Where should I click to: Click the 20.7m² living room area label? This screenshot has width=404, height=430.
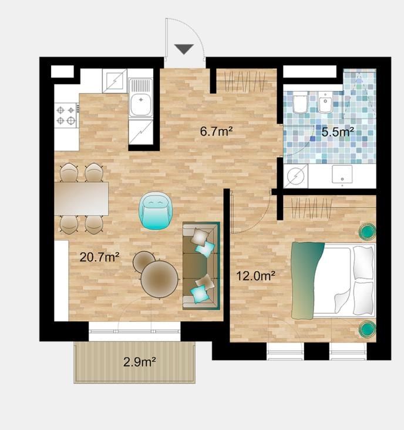[99, 257]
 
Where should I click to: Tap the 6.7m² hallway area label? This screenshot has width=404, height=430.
[216, 132]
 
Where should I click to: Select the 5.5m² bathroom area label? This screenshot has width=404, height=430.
[338, 132]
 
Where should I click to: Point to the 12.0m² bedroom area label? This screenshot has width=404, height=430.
[255, 276]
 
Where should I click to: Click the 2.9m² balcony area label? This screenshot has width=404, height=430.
[140, 362]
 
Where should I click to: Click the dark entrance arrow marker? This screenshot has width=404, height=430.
[184, 49]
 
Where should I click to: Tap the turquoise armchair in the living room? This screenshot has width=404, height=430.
[156, 211]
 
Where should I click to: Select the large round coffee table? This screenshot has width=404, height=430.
[160, 279]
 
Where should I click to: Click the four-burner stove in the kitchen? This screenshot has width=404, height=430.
[66, 115]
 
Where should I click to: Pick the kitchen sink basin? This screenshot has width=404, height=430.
[141, 102]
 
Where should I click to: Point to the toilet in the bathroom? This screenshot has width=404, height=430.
[299, 103]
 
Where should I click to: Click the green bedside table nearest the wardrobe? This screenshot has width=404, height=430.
[368, 232]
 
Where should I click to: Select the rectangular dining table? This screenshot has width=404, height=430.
[82, 199]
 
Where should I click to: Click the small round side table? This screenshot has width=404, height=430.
[144, 261]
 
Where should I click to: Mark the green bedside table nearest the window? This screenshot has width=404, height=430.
[368, 329]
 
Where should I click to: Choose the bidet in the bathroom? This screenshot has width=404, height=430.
[325, 103]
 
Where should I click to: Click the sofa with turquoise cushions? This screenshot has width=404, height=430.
[201, 266]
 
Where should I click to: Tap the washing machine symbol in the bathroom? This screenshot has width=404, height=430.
[295, 176]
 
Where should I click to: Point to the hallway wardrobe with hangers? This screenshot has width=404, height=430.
[246, 81]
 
